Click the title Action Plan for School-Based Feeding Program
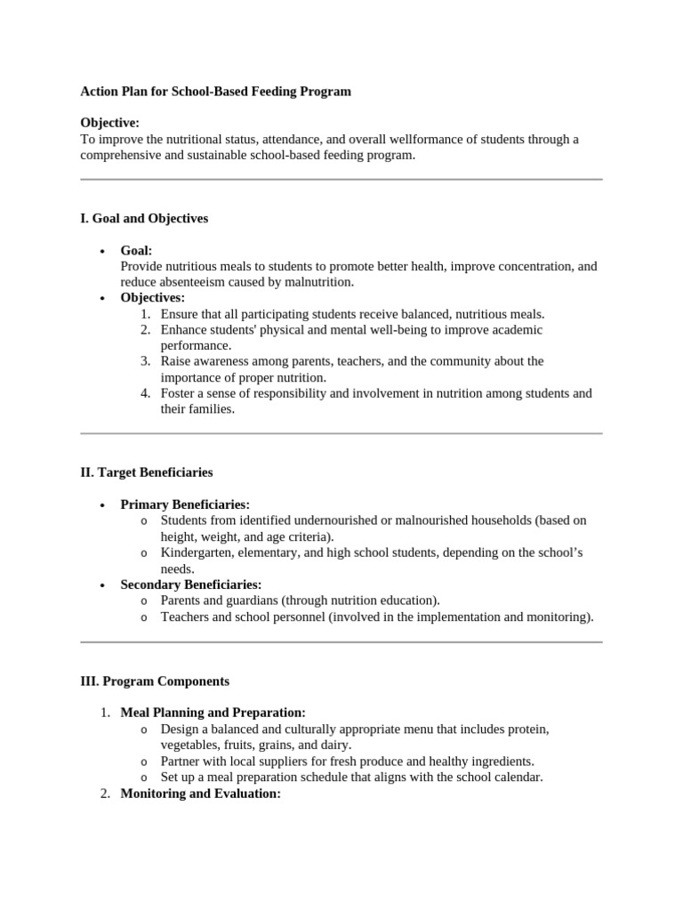coord(215,92)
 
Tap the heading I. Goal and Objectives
coord(144,218)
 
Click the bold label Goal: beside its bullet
coord(136,251)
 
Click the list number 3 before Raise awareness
coord(145,361)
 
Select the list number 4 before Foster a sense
coord(145,393)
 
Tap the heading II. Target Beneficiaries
coord(147,472)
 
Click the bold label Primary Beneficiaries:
coord(185,504)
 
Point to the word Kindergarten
coord(197,552)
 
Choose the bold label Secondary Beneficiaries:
coord(191,584)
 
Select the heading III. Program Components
coord(155,681)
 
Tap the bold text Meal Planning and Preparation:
coord(213,713)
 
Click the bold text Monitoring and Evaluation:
coord(200,794)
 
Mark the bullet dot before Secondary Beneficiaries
coord(104,585)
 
